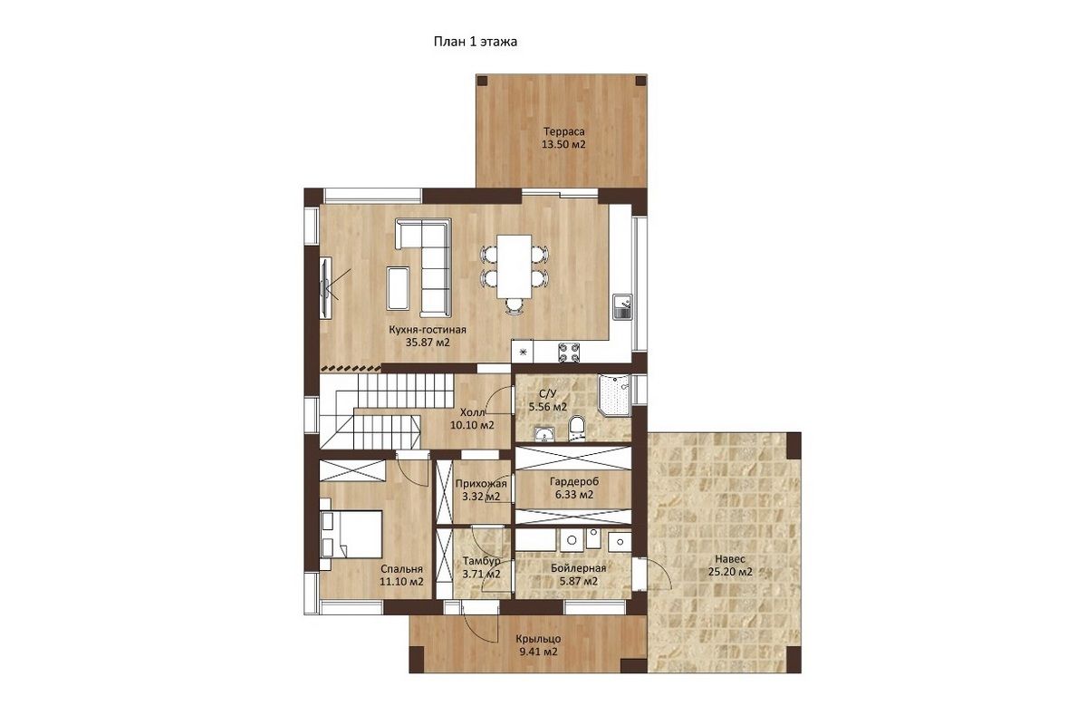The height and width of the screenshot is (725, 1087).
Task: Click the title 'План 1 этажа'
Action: coord(475,42)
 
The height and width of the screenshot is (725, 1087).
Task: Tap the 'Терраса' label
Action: coord(563,131)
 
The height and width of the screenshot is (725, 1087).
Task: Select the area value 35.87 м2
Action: coord(428,343)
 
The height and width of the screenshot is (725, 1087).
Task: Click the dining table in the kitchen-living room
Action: coord(514,266)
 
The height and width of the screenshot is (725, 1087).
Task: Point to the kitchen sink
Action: coord(622,307)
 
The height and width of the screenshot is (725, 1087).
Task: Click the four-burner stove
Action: coord(569,352)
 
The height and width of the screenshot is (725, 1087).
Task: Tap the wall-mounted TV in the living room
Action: coord(325,288)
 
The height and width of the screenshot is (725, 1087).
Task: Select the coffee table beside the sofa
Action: coord(398,288)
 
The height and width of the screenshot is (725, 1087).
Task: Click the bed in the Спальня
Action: coord(351,533)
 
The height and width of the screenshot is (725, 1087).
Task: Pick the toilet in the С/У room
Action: coord(576,428)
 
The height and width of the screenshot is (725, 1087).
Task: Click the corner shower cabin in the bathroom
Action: coord(614,395)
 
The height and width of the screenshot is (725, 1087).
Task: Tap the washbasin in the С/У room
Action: coord(544,434)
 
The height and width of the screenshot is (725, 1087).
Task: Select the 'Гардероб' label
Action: coord(574,482)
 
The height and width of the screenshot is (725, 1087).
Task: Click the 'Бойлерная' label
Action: coord(579,568)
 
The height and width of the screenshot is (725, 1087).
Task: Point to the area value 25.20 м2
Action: coord(730,572)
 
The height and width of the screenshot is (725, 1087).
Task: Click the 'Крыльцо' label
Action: coord(538,639)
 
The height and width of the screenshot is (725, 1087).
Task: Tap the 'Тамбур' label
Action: coord(481,561)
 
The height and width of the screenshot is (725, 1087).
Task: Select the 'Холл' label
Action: coord(472,412)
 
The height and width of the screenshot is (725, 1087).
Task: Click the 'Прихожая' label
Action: coord(481,484)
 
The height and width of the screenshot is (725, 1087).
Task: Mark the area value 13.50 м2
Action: coord(563,144)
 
